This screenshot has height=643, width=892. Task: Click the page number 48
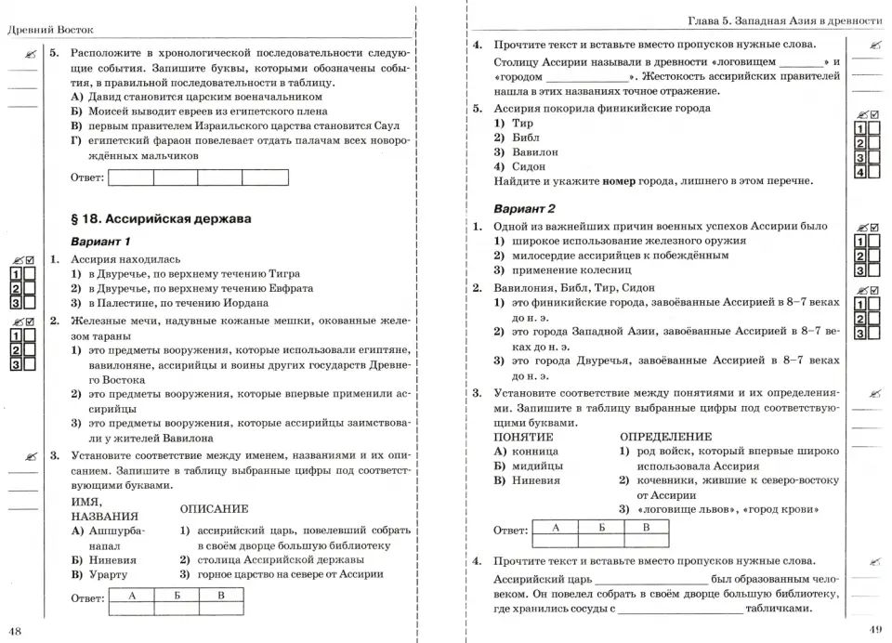[x=14, y=632]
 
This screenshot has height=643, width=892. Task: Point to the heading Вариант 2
[x=525, y=207]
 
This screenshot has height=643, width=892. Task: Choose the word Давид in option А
[x=107, y=97]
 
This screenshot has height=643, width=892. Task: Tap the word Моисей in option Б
[x=111, y=112]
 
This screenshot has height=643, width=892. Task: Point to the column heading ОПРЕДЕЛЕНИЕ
[x=665, y=436]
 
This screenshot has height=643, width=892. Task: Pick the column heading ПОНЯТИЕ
[x=523, y=436]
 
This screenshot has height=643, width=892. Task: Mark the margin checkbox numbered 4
[x=861, y=173]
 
